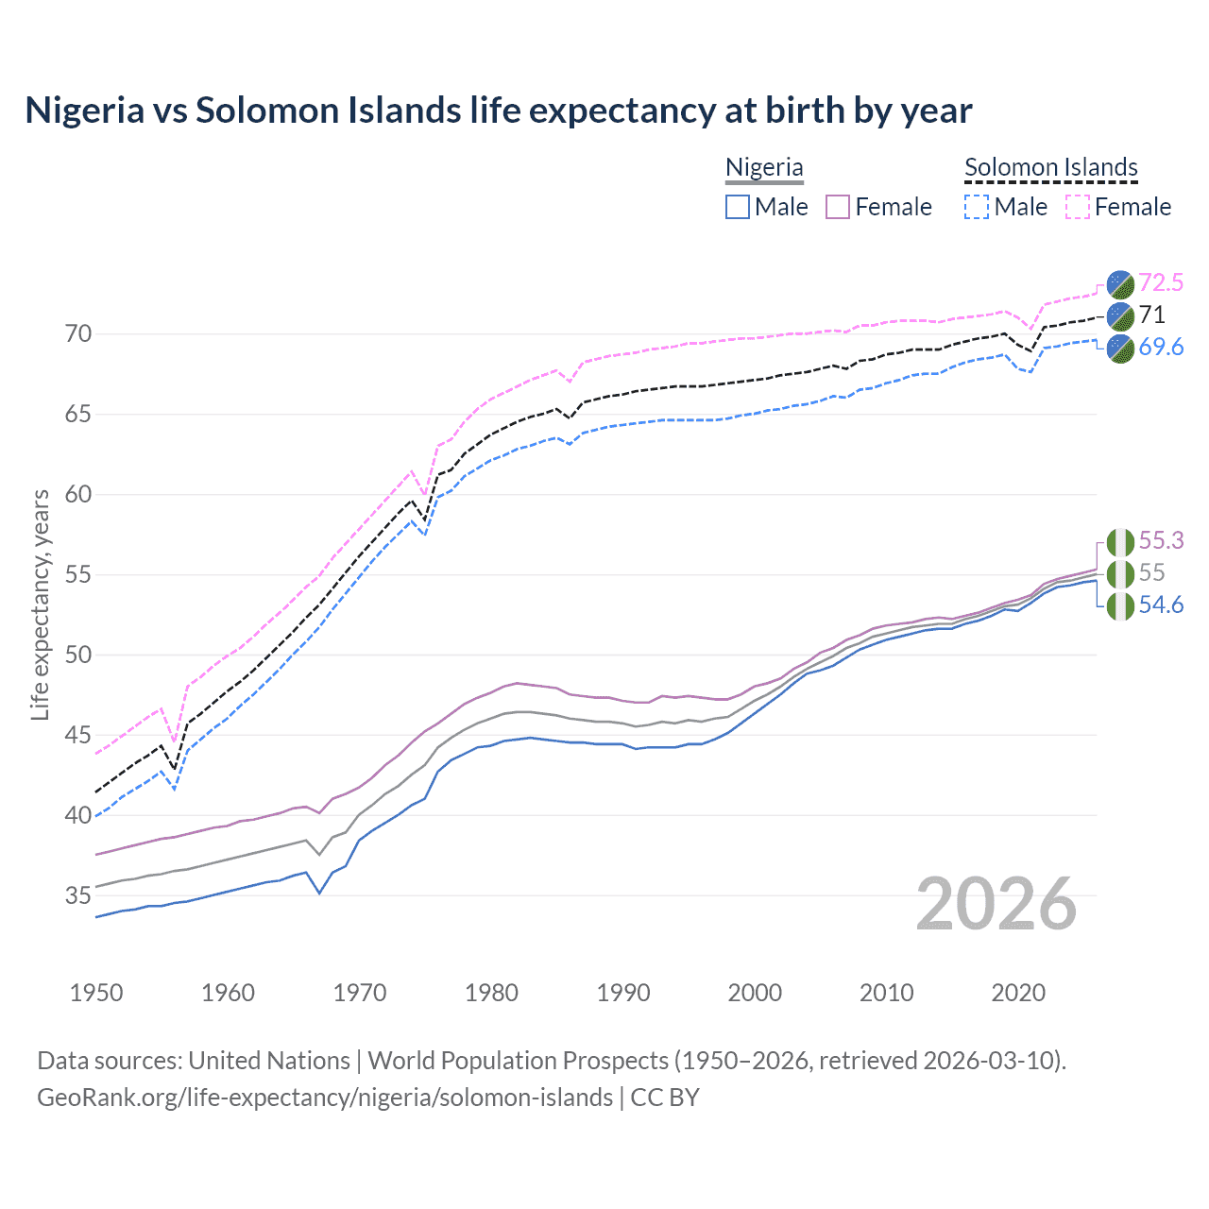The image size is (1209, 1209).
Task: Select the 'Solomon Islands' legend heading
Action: tap(1050, 167)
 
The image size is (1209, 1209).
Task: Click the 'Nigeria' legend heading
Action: tap(764, 167)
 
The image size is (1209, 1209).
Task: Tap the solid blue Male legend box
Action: tap(738, 207)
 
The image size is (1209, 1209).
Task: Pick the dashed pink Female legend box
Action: tap(1078, 207)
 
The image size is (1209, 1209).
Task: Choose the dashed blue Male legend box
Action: tap(977, 207)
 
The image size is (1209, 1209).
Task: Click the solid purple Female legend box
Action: tap(839, 207)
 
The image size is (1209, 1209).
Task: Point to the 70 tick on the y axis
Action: tap(78, 333)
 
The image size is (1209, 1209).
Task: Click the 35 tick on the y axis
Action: tap(78, 894)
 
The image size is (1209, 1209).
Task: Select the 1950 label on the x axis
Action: tap(96, 993)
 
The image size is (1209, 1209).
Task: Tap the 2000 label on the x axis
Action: tap(755, 993)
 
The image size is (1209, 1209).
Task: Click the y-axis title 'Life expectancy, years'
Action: tap(41, 604)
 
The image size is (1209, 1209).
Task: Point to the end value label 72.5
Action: tap(1161, 282)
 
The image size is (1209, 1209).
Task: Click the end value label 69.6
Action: tap(1161, 347)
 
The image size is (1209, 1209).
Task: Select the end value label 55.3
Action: tap(1161, 540)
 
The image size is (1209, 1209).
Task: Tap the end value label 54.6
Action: tap(1161, 604)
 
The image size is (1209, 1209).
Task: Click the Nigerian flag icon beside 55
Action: tap(1120, 573)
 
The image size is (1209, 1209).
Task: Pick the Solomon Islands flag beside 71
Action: tap(1120, 315)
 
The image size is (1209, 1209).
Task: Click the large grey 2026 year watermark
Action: tap(996, 904)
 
